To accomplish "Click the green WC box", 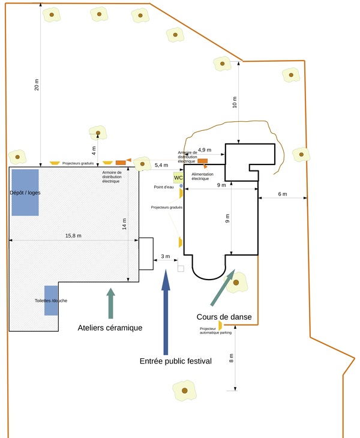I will pos(178,178).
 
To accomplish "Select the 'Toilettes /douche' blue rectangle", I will pos(51,301).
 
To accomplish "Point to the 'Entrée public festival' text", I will pos(175,361).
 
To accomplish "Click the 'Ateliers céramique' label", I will pos(110,328).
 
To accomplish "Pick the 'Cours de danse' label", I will pos(223,317).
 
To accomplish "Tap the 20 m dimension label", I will pos(37,85).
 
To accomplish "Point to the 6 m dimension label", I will pos(283,194).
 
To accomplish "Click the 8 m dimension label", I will pos(231,359).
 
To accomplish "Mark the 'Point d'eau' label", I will pos(164,187).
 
